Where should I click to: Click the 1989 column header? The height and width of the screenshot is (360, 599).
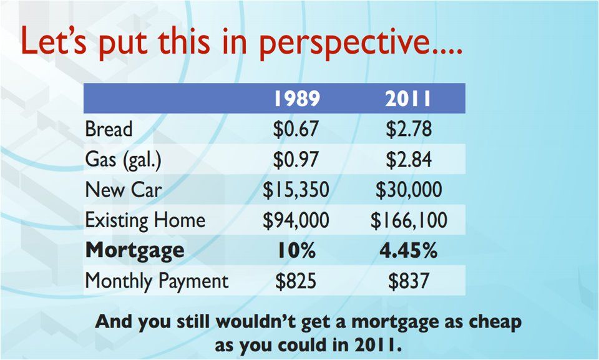[x=297, y=99]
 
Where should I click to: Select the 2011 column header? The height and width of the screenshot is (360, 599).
[x=408, y=99]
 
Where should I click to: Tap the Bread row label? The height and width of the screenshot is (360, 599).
[x=109, y=129]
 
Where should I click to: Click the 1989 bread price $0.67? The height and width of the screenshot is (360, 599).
[x=296, y=129]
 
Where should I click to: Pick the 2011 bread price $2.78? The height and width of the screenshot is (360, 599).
[x=409, y=129]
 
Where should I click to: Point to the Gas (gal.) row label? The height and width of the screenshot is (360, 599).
[x=123, y=160]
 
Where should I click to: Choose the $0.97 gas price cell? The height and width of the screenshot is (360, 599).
[x=296, y=159]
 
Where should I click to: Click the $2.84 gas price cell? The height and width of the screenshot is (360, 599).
[x=409, y=159]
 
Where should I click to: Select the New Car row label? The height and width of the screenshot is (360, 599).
[x=124, y=190]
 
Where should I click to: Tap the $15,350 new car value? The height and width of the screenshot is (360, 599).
[x=296, y=190]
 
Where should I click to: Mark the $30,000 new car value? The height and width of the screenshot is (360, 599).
[x=409, y=190]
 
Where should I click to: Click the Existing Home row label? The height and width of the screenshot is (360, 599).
[x=145, y=220]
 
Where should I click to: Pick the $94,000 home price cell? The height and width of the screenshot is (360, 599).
[x=296, y=220]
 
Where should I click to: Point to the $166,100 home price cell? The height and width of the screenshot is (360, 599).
[x=409, y=220]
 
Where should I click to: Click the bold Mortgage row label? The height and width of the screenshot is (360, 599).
[x=135, y=251]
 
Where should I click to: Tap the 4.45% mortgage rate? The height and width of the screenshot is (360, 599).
[x=408, y=251]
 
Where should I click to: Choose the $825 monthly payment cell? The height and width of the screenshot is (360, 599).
[x=296, y=281]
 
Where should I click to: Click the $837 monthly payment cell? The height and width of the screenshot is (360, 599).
[x=409, y=281]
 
